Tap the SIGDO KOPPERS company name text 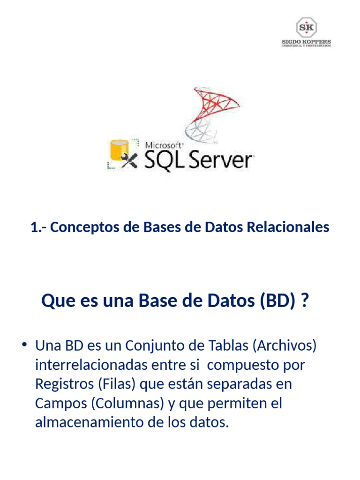[306, 42]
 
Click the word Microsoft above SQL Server [164, 146]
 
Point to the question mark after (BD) [305, 300]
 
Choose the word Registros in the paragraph [64, 384]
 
